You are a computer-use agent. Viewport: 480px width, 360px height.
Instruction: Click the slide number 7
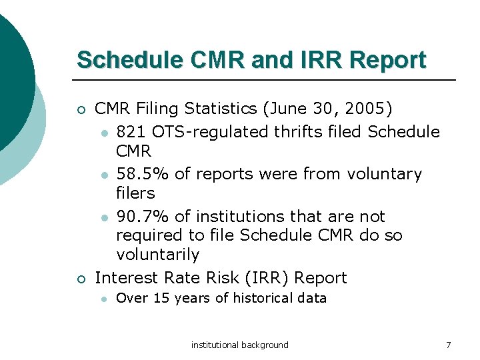click(449, 345)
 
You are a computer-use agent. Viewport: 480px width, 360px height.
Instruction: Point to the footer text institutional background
click(240, 345)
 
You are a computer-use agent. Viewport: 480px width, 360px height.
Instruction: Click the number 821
click(131, 131)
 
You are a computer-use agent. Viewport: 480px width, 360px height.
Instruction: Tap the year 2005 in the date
click(369, 108)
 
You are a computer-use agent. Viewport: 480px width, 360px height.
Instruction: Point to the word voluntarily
click(157, 255)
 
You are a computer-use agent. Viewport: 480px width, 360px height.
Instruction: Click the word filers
click(135, 193)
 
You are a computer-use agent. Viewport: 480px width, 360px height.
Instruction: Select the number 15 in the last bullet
click(161, 298)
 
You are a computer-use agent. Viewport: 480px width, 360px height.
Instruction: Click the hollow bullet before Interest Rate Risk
click(81, 279)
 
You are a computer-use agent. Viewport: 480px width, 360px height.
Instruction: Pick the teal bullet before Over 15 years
click(103, 299)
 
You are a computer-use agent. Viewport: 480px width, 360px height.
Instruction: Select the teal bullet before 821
click(103, 133)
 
